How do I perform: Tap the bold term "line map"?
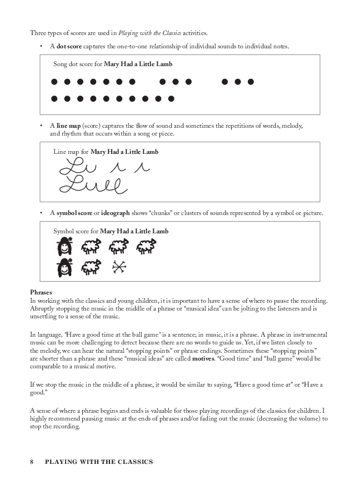(67, 126)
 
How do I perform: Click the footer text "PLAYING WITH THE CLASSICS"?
(99, 462)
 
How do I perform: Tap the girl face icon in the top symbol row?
(65, 246)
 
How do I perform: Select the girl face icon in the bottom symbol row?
(65, 268)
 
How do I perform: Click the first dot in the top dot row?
(54, 82)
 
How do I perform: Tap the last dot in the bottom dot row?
(171, 99)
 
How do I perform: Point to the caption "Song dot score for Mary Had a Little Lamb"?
(113, 64)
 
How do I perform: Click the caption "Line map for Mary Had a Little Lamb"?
(106, 152)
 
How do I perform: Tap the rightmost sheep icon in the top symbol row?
(146, 246)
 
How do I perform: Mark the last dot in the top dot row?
(251, 82)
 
